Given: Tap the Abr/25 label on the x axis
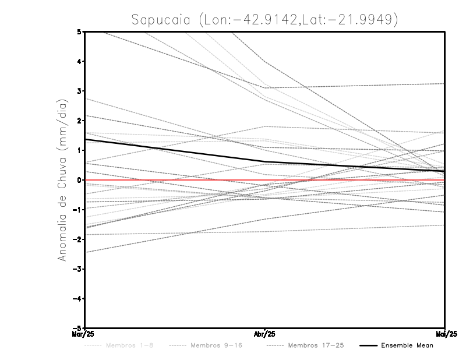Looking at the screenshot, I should [x=265, y=333].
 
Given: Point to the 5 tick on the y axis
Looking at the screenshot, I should [x=79, y=31].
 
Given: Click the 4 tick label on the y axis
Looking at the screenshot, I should [x=79, y=61].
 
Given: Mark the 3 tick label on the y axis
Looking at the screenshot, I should [x=79, y=91].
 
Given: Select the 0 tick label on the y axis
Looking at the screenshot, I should [x=79, y=180].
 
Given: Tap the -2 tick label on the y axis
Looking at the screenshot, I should [x=77, y=239].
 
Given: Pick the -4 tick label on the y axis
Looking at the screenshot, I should [x=77, y=298].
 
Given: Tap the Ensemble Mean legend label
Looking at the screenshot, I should [x=407, y=346].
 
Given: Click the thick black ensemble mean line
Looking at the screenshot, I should [x=175, y=150].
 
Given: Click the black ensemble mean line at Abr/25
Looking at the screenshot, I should [x=265, y=161].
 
